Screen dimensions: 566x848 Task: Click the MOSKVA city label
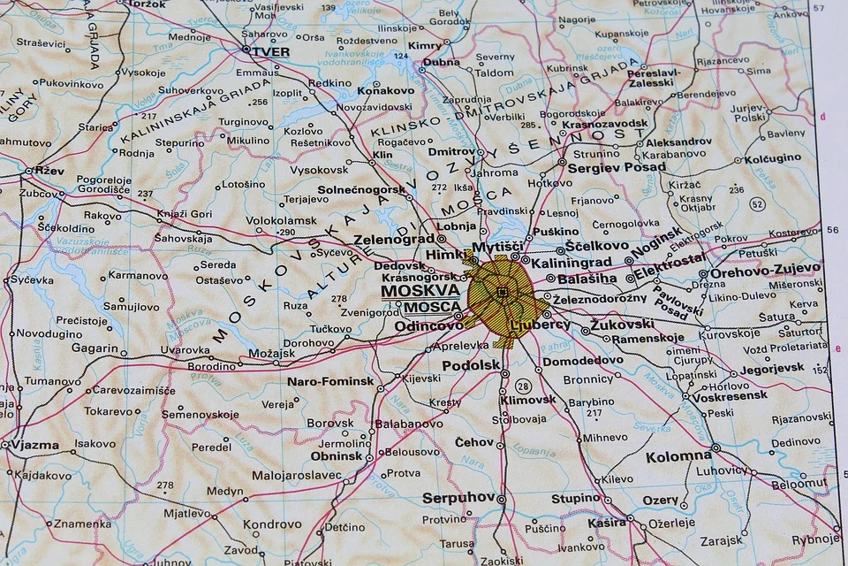420,290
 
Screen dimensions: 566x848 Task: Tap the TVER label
271,51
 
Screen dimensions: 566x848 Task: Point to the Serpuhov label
458,498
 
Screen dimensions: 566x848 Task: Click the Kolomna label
678,457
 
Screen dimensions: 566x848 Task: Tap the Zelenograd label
394,239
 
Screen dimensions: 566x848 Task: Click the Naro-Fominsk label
330,382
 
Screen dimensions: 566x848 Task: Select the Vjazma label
34,445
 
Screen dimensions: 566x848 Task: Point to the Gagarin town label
94,348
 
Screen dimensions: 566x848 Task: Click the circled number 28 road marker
523,386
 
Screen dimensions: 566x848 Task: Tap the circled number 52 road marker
757,204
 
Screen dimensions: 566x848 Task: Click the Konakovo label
385,90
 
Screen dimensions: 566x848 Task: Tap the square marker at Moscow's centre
503,292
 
